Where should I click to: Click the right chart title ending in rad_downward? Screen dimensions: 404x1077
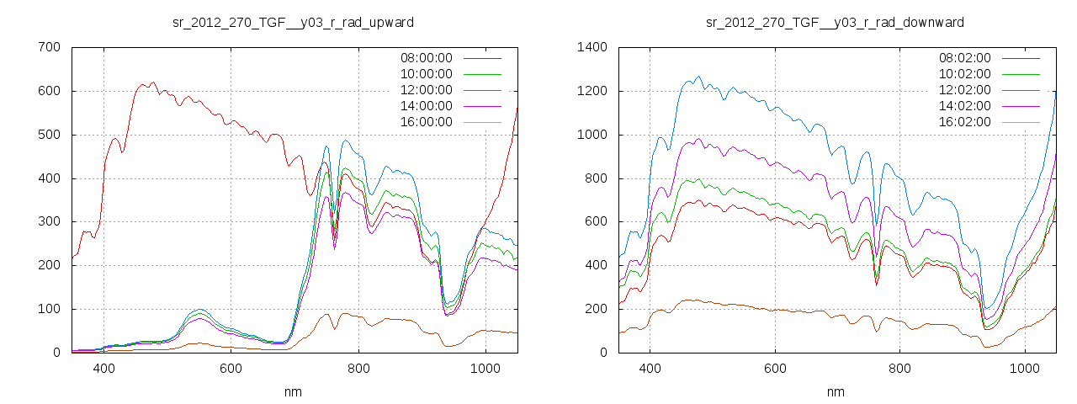coord(835,22)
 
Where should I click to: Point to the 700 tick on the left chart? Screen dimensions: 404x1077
coord(49,47)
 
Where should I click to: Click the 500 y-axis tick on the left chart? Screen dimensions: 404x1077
coord(49,135)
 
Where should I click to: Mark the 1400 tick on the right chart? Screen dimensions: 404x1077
coord(588,47)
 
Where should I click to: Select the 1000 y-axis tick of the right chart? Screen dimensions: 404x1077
coord(588,135)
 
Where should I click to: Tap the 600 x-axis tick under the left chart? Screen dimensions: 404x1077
coord(231,369)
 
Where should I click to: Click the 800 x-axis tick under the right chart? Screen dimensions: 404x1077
coord(900,369)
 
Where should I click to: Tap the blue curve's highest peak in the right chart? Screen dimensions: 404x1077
coord(698,77)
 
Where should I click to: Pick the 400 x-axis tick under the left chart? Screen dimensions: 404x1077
coord(104,369)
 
